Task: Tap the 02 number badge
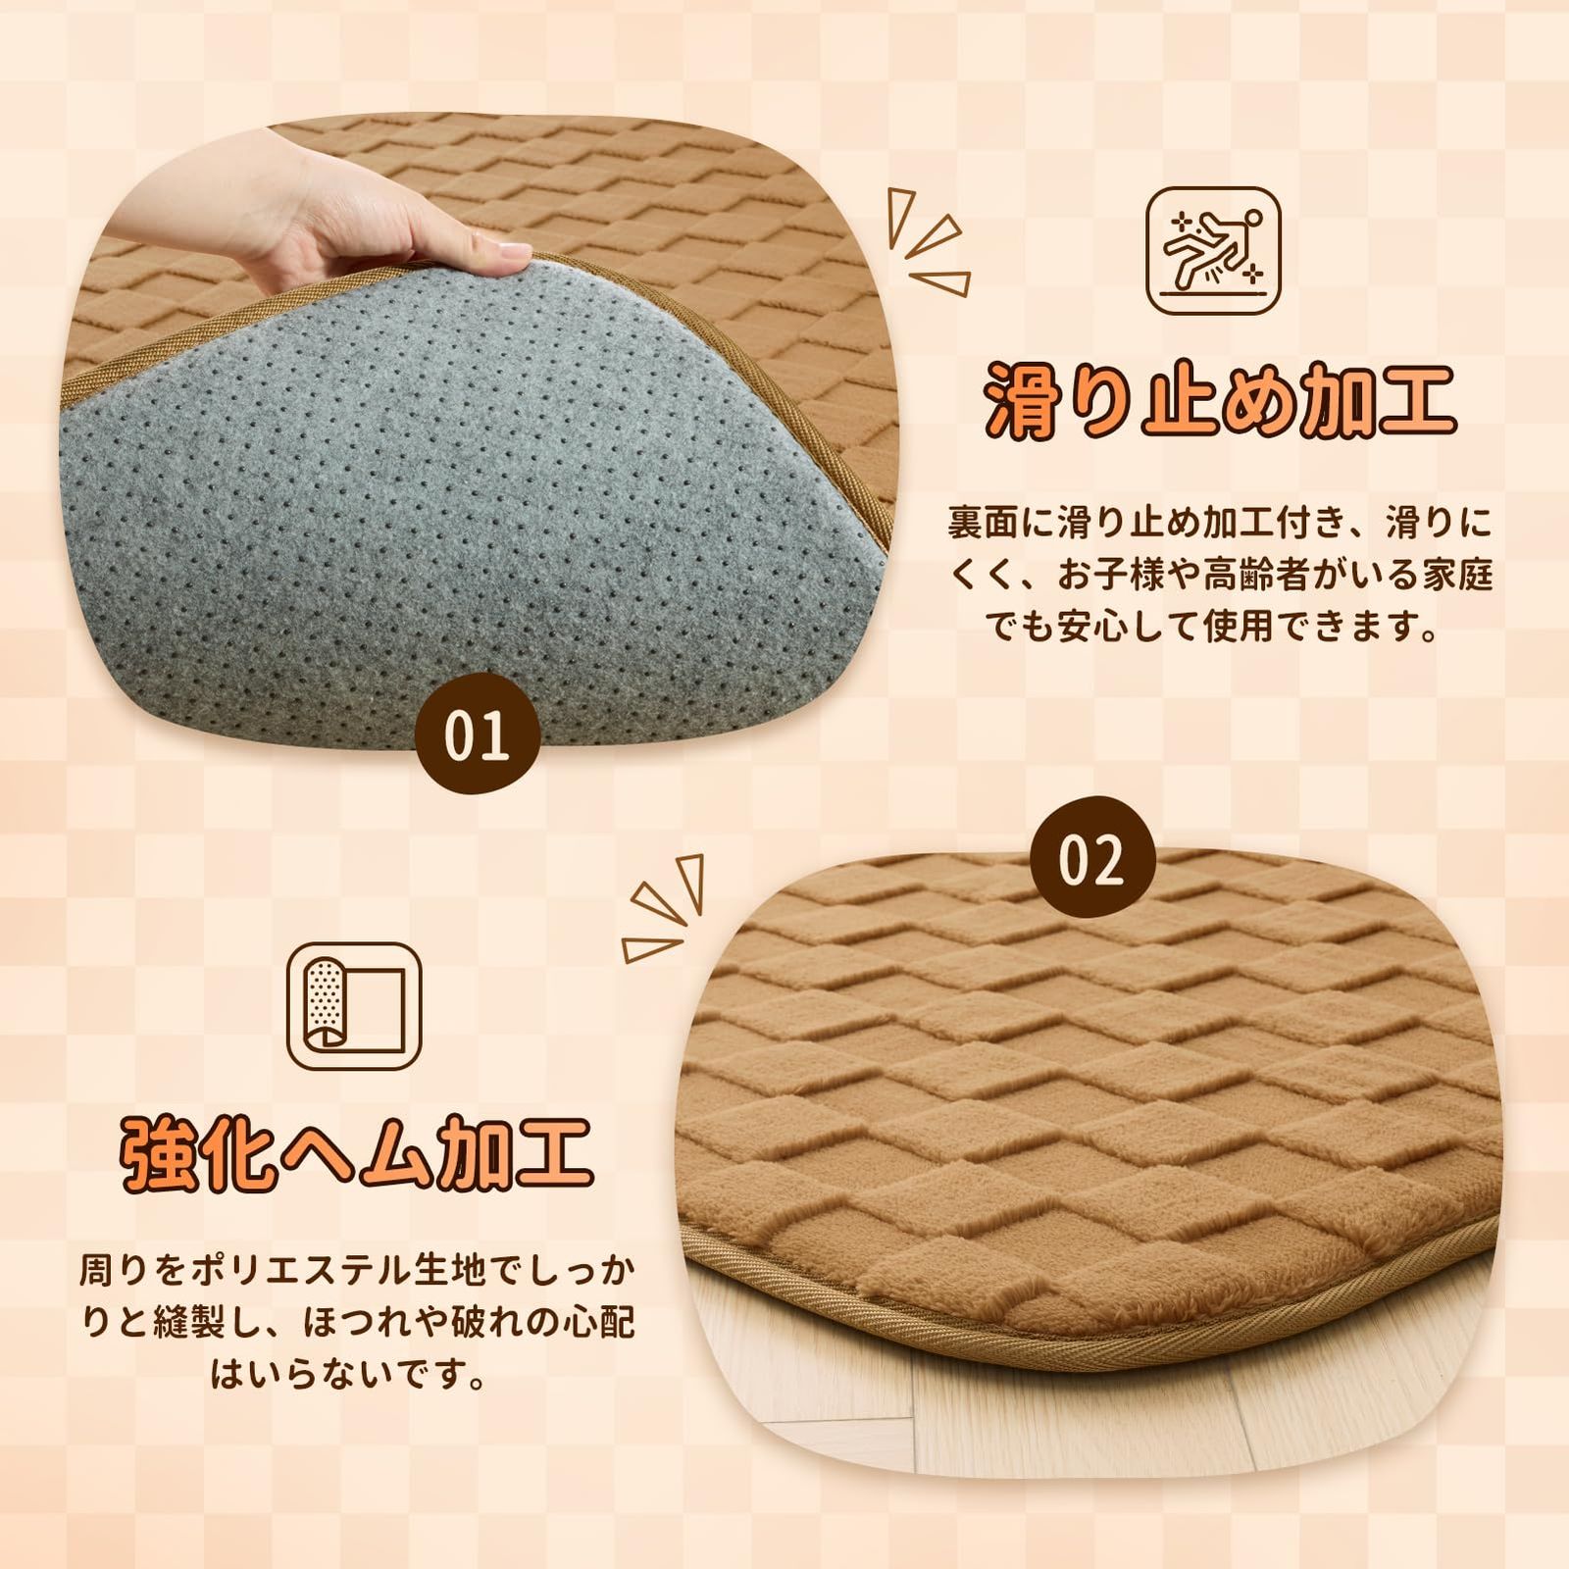click(1091, 860)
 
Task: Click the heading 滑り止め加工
click(1220, 400)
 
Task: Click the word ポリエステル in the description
click(322, 1272)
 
